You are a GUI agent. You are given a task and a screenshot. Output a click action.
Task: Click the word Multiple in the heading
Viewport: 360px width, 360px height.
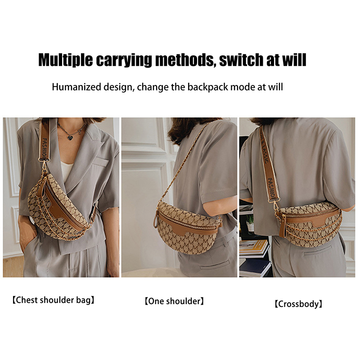(x=65, y=60)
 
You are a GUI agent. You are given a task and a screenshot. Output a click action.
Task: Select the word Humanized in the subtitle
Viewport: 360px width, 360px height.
(x=76, y=87)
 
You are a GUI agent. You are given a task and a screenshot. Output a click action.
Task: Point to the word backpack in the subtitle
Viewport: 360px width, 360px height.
(x=208, y=87)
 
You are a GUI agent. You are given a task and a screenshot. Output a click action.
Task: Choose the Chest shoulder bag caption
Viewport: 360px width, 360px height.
(x=53, y=300)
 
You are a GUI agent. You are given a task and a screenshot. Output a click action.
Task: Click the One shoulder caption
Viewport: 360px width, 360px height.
(x=174, y=301)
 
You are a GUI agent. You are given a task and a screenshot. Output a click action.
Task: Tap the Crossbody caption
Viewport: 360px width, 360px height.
(x=299, y=304)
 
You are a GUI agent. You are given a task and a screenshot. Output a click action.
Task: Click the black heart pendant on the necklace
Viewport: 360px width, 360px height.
(x=70, y=137)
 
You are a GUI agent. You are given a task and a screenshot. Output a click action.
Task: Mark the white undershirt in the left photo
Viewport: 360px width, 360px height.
(x=66, y=171)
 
